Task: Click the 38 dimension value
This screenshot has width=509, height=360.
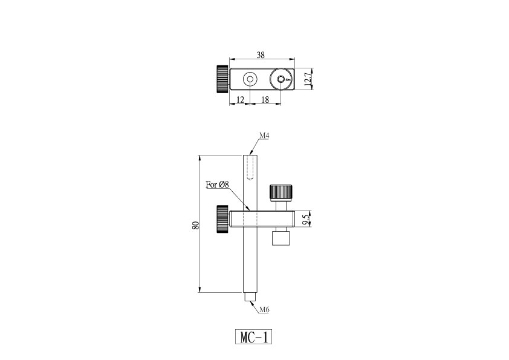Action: point(261,55)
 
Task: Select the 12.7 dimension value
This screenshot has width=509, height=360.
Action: point(308,79)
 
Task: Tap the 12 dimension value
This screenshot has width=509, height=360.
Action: point(240,100)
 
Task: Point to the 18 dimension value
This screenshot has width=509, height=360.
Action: point(265,100)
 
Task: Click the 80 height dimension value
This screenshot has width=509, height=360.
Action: point(195,225)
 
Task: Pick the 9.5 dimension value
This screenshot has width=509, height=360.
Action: point(305,218)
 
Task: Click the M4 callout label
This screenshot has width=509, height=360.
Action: point(264,136)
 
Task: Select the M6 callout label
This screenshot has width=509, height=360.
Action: point(264,310)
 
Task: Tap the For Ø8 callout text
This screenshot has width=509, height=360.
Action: point(217,185)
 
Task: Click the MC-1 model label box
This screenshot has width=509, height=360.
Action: point(253,337)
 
